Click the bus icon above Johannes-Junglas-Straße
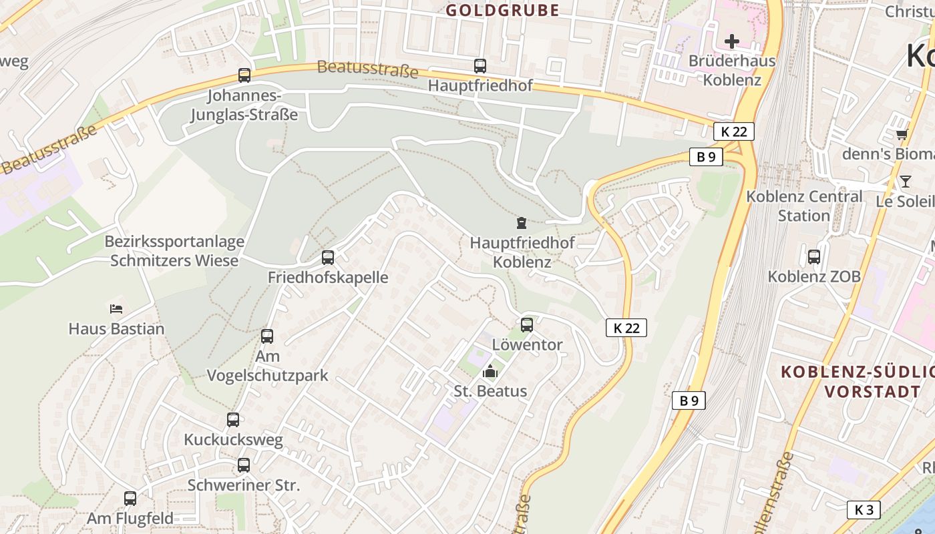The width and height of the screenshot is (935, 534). point(244,75)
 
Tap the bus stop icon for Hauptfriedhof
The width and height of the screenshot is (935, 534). point(480,66)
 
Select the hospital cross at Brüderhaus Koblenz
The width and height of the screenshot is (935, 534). point(732,41)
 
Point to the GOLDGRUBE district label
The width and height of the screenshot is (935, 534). point(502,10)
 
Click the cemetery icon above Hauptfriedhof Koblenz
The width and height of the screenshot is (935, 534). point(522,223)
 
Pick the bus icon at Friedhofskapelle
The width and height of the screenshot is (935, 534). point(328,258)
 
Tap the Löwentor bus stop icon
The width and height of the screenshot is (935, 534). point(527,325)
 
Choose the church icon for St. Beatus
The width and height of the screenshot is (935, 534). point(491,371)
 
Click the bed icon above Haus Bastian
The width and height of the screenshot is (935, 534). point(116,308)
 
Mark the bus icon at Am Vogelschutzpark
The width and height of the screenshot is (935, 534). point(267,336)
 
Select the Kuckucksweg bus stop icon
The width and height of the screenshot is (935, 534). point(233,420)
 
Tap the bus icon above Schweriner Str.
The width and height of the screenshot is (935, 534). point(244,465)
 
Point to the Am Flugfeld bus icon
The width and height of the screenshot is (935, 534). point(130,498)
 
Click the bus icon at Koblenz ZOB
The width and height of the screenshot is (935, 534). point(814,256)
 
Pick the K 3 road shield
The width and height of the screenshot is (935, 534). point(864,509)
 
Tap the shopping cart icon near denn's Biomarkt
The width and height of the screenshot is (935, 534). point(902,135)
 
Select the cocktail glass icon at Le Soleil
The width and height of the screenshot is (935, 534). point(906,182)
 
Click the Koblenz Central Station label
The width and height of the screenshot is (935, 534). point(804,206)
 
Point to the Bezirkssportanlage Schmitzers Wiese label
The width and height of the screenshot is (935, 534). point(174,251)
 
